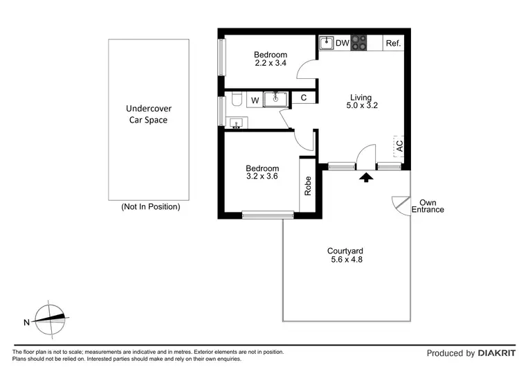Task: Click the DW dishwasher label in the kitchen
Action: click(343, 43)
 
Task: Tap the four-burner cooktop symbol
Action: click(359, 43)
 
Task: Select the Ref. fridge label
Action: click(393, 44)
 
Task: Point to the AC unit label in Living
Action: click(399, 146)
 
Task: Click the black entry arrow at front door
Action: click(366, 177)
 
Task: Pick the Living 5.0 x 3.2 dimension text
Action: click(361, 106)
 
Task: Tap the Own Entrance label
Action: click(427, 206)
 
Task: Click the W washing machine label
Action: click(255, 100)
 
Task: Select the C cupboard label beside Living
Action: click(303, 99)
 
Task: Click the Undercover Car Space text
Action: click(149, 114)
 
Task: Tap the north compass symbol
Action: click(49, 319)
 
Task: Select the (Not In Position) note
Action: click(150, 206)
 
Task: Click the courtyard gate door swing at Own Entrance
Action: click(400, 202)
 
